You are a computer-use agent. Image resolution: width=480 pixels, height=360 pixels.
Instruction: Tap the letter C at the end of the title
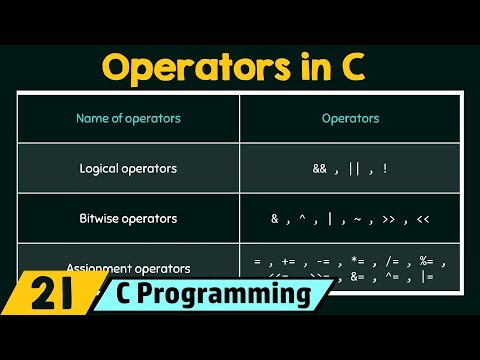pyautogui.click(x=353, y=67)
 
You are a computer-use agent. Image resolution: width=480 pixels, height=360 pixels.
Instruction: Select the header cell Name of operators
pyautogui.click(x=128, y=118)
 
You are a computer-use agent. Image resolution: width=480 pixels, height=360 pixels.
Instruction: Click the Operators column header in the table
pyautogui.click(x=350, y=118)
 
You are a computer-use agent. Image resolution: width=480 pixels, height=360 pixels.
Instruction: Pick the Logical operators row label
pyautogui.click(x=128, y=168)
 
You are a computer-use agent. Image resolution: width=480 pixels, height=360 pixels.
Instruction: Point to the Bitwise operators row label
pyautogui.click(x=128, y=218)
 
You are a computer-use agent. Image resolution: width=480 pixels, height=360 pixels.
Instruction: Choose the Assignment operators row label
pyautogui.click(x=128, y=268)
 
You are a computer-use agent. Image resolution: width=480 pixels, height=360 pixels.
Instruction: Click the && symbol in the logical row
pyautogui.click(x=319, y=169)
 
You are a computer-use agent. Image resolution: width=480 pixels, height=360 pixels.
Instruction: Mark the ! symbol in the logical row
pyautogui.click(x=384, y=169)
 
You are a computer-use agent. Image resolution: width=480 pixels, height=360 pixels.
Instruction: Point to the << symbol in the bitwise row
pyautogui.click(x=425, y=218)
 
